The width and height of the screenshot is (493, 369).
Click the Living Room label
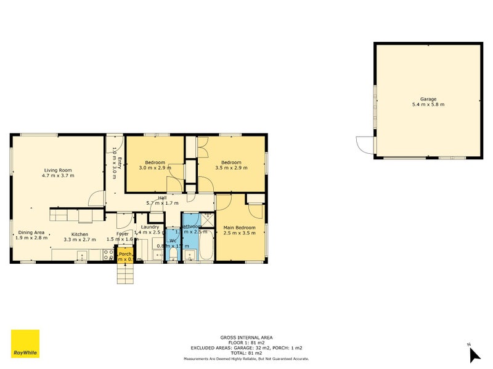pos(59,170)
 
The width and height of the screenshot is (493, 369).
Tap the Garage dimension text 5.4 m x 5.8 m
pos(428,105)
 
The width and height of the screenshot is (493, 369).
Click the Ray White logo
pos(25,344)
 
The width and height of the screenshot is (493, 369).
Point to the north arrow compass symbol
pos(474,354)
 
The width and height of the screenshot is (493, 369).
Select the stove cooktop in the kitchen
pos(108,253)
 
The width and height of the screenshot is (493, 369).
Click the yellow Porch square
pos(125,255)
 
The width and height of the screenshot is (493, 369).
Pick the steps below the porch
pos(125,274)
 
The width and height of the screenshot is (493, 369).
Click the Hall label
pos(162,197)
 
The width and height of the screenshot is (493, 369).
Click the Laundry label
pos(150,227)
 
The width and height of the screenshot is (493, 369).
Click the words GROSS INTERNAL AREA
pos(246,337)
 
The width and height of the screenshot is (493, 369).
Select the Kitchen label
pos(79,234)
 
